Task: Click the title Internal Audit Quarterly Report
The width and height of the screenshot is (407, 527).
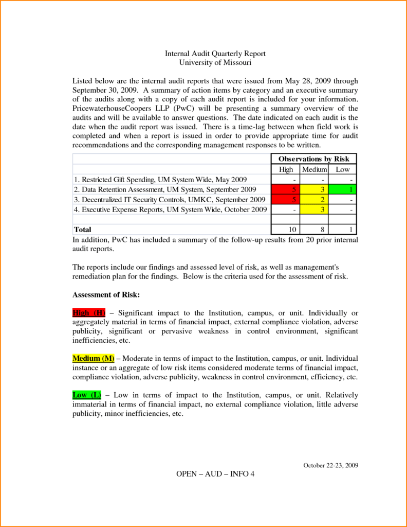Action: pos(215,54)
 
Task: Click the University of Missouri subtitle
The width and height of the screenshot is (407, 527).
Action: pos(215,63)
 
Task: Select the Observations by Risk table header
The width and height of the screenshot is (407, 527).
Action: pos(313,159)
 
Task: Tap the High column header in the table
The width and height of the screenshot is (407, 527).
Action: pos(286,169)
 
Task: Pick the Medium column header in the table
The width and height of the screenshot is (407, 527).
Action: pos(314,169)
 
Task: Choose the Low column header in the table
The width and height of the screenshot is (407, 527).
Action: pos(342,169)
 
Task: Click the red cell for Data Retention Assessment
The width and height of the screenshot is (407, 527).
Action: pos(286,189)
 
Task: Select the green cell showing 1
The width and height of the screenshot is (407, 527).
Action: pos(342,189)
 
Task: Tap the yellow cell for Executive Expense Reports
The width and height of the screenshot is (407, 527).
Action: pos(314,209)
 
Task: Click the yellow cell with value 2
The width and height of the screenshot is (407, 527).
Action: pos(314,199)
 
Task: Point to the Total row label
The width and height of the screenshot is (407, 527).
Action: pos(83,230)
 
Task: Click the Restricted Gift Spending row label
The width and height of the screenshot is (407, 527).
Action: pos(160,180)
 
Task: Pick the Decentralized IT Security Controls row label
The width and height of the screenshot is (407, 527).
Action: pos(170,199)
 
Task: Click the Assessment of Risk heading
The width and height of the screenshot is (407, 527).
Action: pos(106,295)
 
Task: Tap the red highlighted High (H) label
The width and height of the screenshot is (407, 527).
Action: pos(89,313)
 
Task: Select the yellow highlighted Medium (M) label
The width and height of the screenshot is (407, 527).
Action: pos(93,358)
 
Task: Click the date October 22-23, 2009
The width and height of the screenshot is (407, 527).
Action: pos(330,465)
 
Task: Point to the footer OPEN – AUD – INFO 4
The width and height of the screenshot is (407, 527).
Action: pos(215,474)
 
